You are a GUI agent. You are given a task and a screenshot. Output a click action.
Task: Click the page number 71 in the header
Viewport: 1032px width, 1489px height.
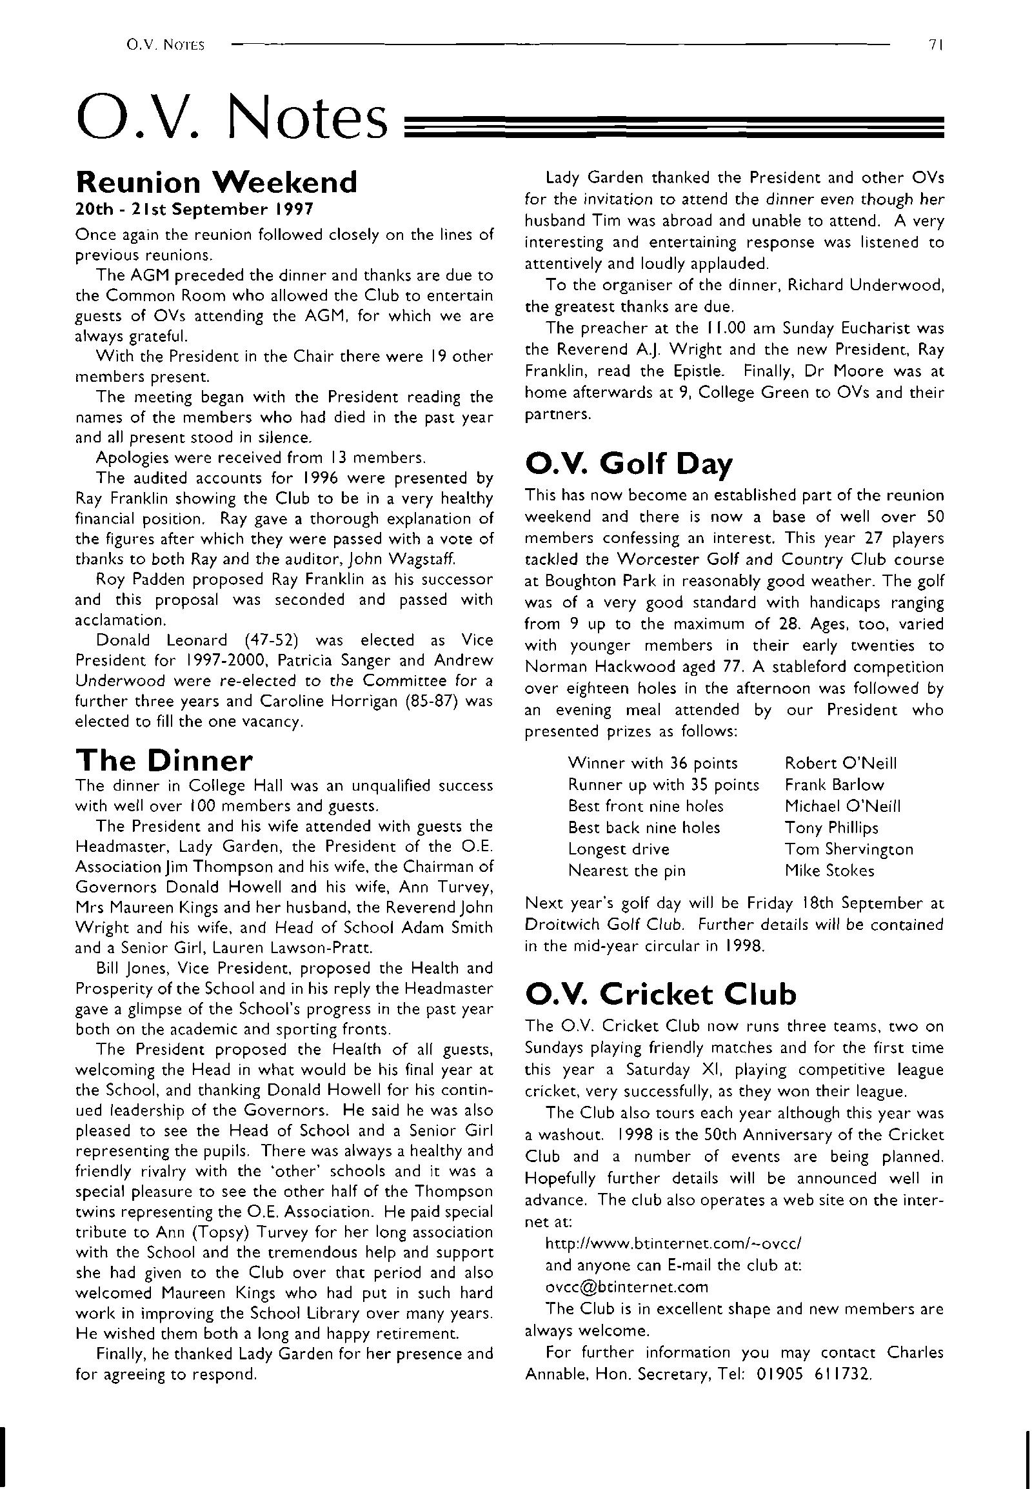tap(939, 45)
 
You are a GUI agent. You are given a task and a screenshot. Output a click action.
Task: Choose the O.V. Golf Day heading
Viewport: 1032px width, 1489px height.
tap(629, 463)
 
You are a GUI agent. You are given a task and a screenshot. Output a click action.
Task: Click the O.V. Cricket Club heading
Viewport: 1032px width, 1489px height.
tap(661, 994)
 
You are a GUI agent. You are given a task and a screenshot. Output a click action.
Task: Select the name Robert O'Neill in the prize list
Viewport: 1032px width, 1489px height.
tap(840, 763)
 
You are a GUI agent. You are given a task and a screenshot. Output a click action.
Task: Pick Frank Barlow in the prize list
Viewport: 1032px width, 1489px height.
tap(834, 785)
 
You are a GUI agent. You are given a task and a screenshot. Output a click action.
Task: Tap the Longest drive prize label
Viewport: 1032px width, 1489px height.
tap(618, 849)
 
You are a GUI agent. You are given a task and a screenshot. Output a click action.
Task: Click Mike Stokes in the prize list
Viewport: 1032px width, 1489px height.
tap(829, 871)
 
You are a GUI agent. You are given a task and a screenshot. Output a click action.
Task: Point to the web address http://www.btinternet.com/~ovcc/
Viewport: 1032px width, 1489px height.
tap(674, 1243)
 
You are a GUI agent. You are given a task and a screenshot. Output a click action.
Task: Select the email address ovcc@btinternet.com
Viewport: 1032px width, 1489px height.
tap(626, 1287)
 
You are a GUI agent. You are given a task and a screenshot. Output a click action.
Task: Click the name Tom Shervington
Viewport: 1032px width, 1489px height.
tap(848, 849)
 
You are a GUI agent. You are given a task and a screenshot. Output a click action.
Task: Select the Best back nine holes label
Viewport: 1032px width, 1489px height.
tap(643, 827)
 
